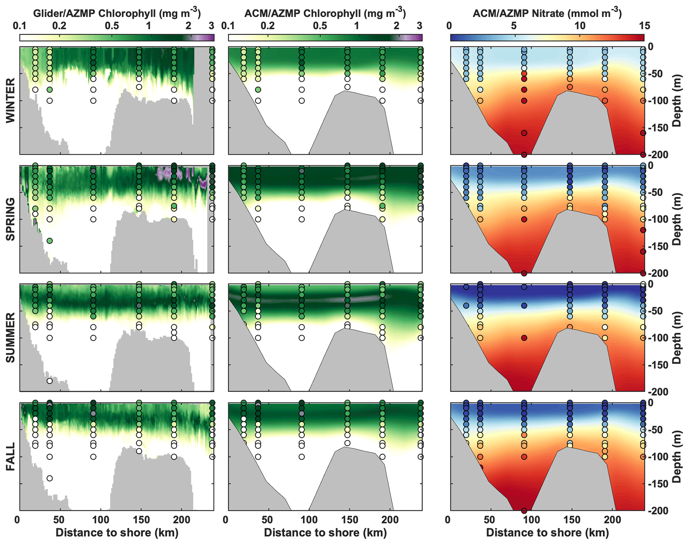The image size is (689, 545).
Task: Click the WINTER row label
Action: pos(11,100)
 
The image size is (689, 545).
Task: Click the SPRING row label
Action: pos(11,219)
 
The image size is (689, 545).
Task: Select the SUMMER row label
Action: pos(11,337)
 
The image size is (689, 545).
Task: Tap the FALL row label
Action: pos(11,456)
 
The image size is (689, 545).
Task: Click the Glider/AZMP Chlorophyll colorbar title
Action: pos(117,13)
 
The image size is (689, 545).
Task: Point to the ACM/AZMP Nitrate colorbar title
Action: pos(547,13)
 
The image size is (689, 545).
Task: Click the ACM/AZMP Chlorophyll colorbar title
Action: pos(325,13)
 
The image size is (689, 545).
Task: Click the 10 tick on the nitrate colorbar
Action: pos(580,26)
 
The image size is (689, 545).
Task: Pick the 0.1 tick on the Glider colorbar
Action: pos(19,26)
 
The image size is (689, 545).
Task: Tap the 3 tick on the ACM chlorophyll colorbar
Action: pos(419,26)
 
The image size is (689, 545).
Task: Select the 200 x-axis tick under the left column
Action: pos(181,520)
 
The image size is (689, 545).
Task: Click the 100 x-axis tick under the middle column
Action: pos(309,520)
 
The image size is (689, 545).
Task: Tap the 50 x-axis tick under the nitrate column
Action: pos(489,520)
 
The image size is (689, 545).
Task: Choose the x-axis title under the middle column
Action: pos(325,533)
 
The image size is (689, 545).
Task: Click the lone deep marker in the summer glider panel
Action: pos(49,381)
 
